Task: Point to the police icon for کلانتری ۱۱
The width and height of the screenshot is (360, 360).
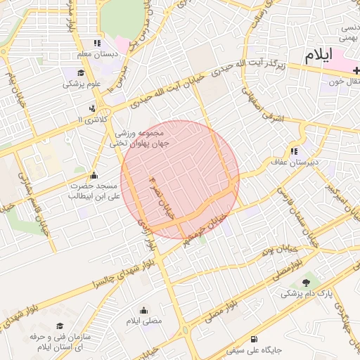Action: click(92, 109)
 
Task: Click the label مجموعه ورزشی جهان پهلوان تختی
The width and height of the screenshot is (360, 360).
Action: click(138, 137)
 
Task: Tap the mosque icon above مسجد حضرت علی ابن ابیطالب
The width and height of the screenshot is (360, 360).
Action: click(94, 175)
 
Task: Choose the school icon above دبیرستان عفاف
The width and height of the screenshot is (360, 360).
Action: click(293, 150)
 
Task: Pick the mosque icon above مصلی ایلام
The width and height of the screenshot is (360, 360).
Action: click(144, 310)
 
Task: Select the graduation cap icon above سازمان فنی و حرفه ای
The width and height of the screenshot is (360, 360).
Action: click(59, 326)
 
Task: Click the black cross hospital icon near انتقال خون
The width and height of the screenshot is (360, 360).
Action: click(356, 70)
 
